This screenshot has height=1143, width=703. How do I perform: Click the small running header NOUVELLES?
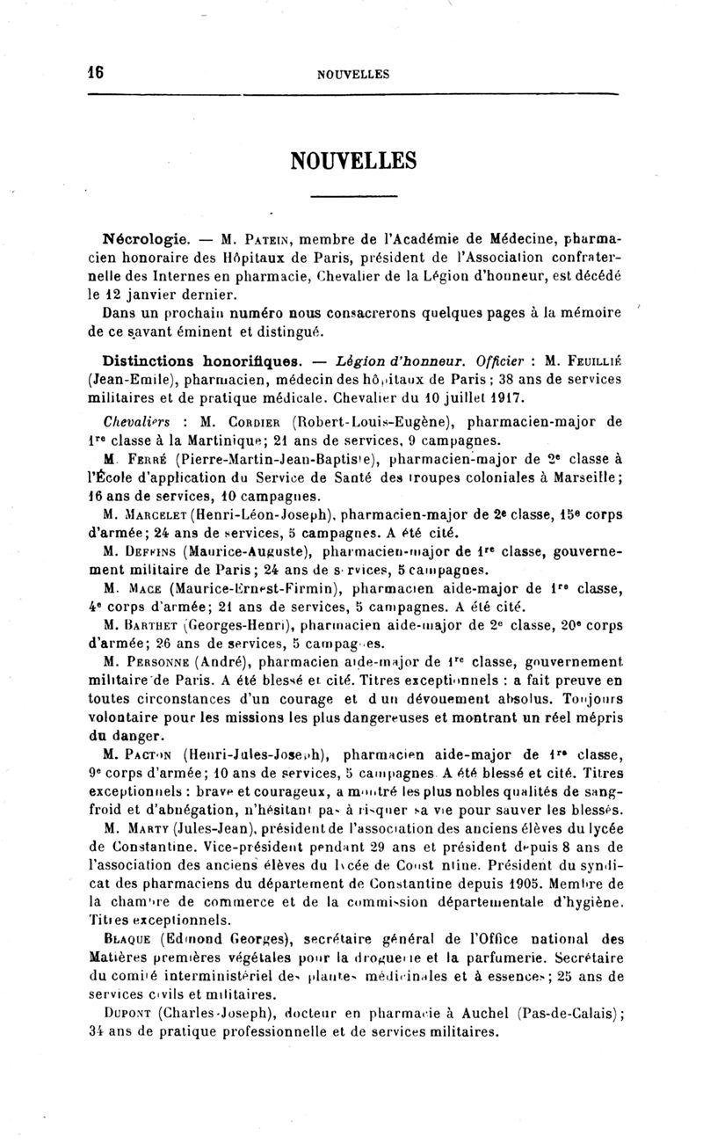pos(352,75)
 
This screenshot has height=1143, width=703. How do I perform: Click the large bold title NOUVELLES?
pos(351,160)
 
